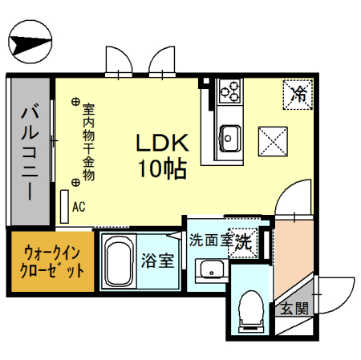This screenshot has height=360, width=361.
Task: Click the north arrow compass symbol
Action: [30, 42]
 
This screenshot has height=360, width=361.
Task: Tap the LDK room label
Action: [162, 143]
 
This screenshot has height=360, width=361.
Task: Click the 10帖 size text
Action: [162, 168]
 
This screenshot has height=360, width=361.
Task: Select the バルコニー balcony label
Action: [30, 153]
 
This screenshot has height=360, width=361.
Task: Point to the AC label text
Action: [79, 207]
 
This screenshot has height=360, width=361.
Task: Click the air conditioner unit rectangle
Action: [64, 207]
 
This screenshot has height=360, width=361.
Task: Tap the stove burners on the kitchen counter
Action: [229, 91]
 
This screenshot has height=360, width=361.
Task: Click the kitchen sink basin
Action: [229, 139]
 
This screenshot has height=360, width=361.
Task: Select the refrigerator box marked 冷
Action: [298, 95]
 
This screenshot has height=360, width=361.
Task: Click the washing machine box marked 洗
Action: [243, 243]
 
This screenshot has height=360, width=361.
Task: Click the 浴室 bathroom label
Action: [158, 261]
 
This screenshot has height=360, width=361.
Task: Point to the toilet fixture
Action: [251, 311]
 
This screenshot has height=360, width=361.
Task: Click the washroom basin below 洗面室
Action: [212, 270]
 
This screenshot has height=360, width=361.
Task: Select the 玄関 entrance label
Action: [294, 308]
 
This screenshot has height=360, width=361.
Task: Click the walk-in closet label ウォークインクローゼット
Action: [52, 262]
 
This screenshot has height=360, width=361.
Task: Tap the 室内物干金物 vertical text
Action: [88, 142]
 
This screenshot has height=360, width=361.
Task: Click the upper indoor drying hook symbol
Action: [75, 102]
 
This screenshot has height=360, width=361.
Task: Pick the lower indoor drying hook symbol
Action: [75, 183]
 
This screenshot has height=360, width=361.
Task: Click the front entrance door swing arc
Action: [344, 303]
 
